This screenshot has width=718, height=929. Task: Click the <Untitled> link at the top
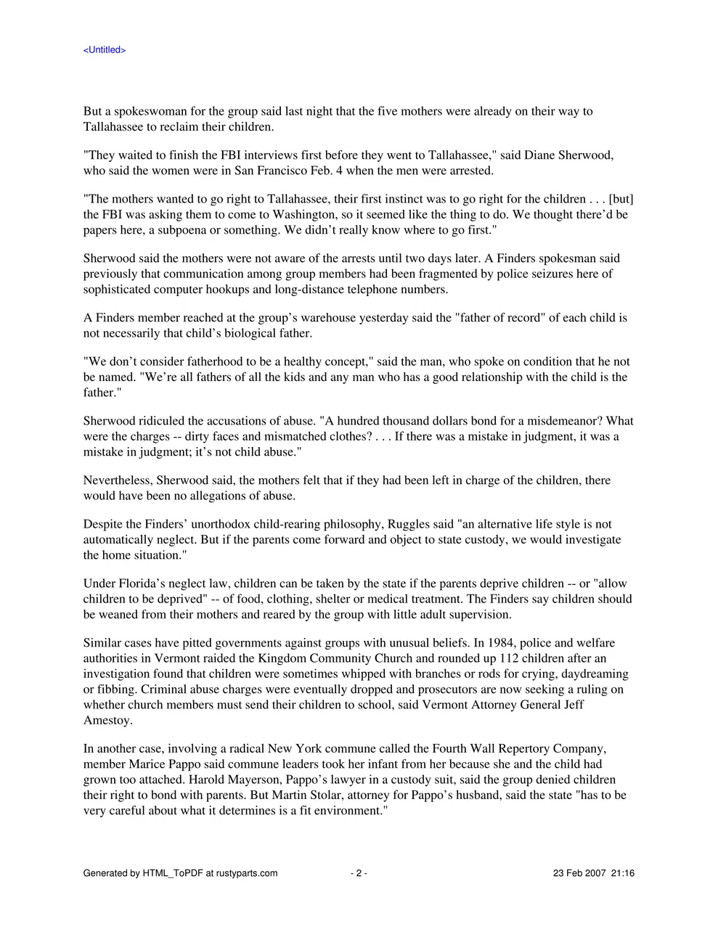pyautogui.click(x=105, y=50)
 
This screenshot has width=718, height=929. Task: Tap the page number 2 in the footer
pyautogui.click(x=359, y=873)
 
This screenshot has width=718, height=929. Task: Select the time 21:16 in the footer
pyautogui.click(x=622, y=873)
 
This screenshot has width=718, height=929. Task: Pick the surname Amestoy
pyautogui.click(x=107, y=720)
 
